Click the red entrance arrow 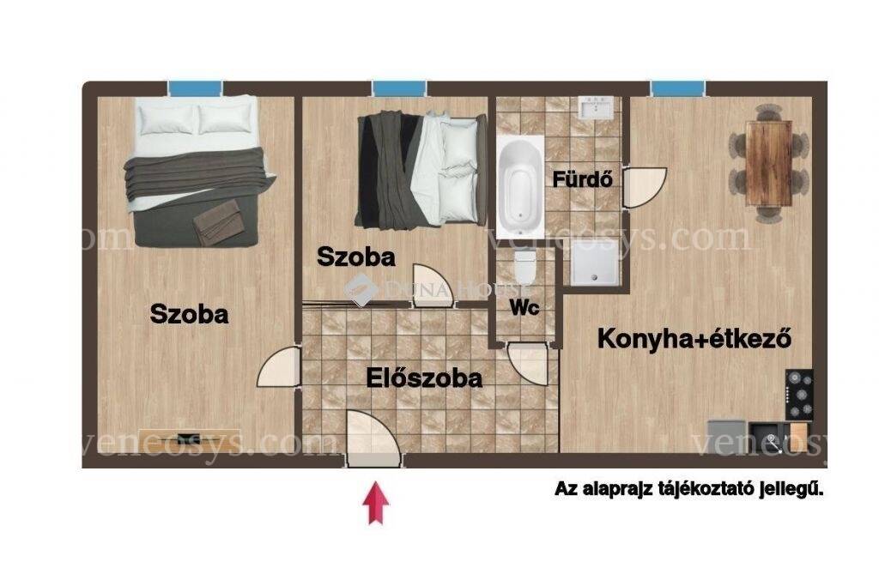tap(376, 504)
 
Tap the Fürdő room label tap(583, 179)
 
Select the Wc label tap(524, 307)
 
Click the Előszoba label tap(424, 378)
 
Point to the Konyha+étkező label tap(694, 339)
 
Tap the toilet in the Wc tap(525, 268)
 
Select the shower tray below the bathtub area tap(594, 263)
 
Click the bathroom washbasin tap(597, 108)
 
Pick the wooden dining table tap(768, 164)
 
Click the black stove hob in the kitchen tap(800, 395)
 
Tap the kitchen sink tap(769, 437)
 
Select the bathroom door tap(645, 187)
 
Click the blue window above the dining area tap(677, 88)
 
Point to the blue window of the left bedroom tap(195, 88)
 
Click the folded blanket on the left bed tap(218, 222)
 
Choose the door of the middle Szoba tap(433, 286)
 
